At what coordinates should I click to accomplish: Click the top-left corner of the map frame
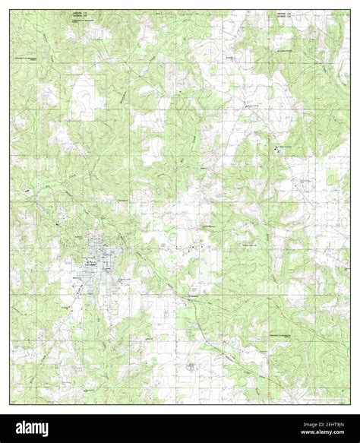(11, 11)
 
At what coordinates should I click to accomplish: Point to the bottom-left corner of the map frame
(11, 403)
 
